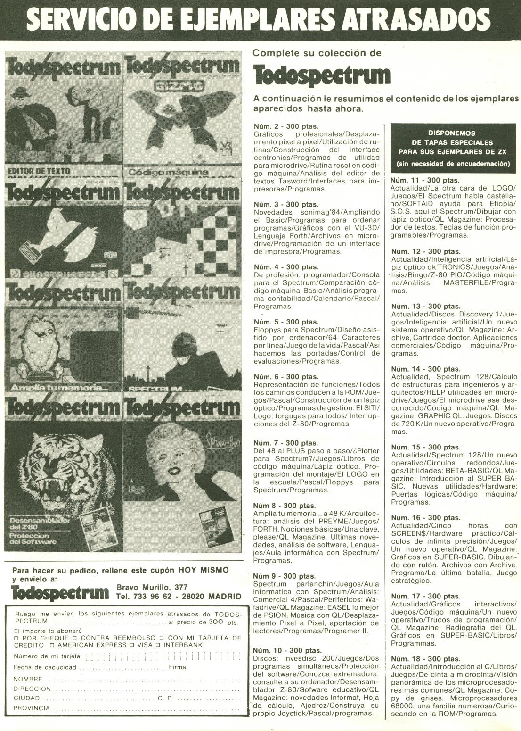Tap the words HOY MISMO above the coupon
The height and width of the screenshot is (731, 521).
203,570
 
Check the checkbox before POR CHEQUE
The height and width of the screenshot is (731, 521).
16,638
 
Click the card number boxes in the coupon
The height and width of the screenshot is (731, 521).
163,656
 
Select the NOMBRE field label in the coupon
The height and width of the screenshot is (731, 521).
28,679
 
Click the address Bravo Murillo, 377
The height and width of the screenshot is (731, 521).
152,587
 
